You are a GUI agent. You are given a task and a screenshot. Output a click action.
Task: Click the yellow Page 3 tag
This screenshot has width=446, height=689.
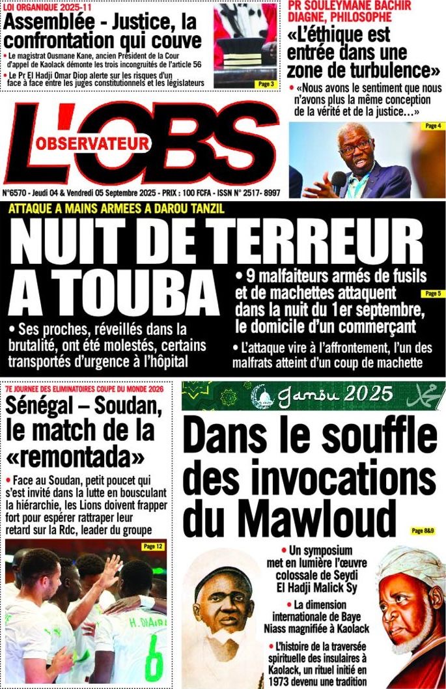tap(266, 84)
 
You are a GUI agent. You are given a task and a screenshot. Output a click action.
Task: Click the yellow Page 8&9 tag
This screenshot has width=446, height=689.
tap(423, 531)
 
